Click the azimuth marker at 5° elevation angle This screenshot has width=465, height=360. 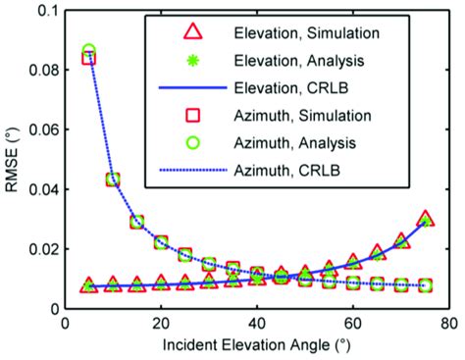88,54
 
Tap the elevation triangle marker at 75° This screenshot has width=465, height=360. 425,219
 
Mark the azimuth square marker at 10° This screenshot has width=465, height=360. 113,180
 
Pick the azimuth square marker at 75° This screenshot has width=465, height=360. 425,285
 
